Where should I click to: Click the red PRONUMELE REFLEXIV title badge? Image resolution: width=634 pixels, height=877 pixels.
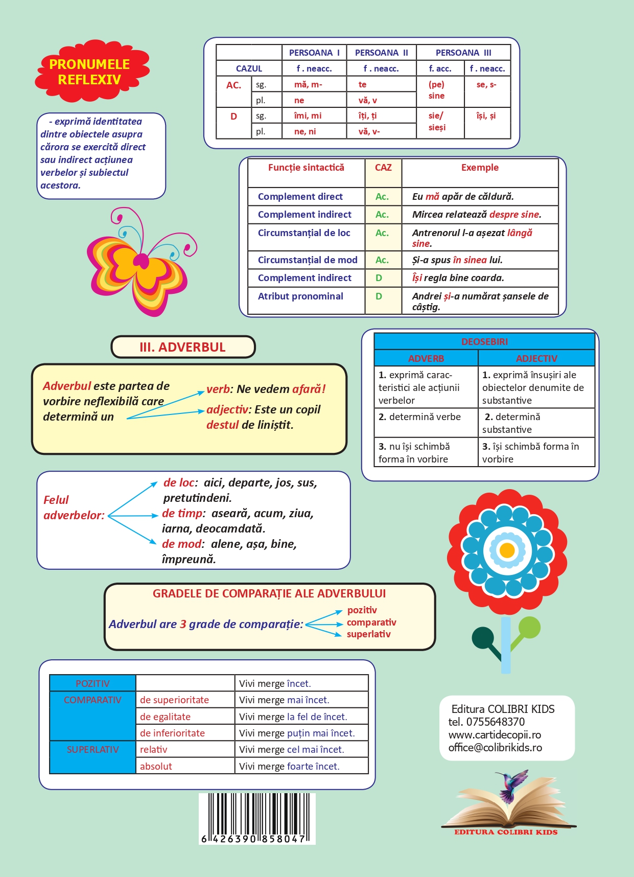click(x=90, y=72)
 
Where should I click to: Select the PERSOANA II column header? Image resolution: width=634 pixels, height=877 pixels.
click(x=381, y=53)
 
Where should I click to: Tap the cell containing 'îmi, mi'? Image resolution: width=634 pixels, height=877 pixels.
click(x=308, y=116)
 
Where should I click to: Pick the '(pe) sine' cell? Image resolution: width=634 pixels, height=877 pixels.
click(x=437, y=90)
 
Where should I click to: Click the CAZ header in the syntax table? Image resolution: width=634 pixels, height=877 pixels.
click(x=383, y=168)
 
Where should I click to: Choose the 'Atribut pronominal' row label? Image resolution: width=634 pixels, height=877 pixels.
click(x=300, y=296)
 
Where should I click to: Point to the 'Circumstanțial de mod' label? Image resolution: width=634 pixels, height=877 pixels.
click(x=307, y=260)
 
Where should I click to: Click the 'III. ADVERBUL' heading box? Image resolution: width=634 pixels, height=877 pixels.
click(x=183, y=348)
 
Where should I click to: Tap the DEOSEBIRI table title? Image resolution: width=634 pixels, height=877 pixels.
click(x=484, y=342)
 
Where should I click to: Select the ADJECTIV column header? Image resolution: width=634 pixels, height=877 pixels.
click(x=536, y=358)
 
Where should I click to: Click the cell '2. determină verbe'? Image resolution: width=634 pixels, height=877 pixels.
click(x=419, y=417)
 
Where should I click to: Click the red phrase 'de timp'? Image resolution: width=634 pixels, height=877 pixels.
click(x=182, y=514)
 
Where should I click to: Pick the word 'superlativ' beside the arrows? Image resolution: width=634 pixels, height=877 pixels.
click(x=369, y=634)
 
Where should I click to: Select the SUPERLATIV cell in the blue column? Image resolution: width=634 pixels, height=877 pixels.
click(x=92, y=750)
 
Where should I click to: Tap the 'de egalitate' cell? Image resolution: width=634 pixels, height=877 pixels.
click(x=165, y=717)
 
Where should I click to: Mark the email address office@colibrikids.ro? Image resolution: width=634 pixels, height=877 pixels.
click(x=495, y=748)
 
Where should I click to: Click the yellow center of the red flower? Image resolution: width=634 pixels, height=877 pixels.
click(x=507, y=550)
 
